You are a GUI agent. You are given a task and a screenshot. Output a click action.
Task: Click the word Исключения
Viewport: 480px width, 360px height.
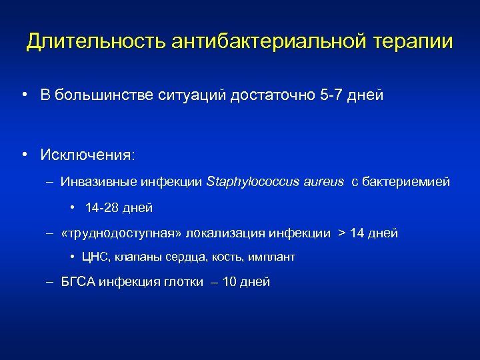(87, 155)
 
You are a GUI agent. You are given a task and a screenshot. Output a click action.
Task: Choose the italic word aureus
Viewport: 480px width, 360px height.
(321, 181)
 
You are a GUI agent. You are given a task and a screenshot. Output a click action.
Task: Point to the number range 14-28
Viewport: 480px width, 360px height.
(104, 208)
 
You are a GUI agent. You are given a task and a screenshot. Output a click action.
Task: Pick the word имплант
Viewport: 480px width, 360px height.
(273, 257)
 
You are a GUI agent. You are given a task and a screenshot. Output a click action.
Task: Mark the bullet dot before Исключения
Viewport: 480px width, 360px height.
(24, 155)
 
